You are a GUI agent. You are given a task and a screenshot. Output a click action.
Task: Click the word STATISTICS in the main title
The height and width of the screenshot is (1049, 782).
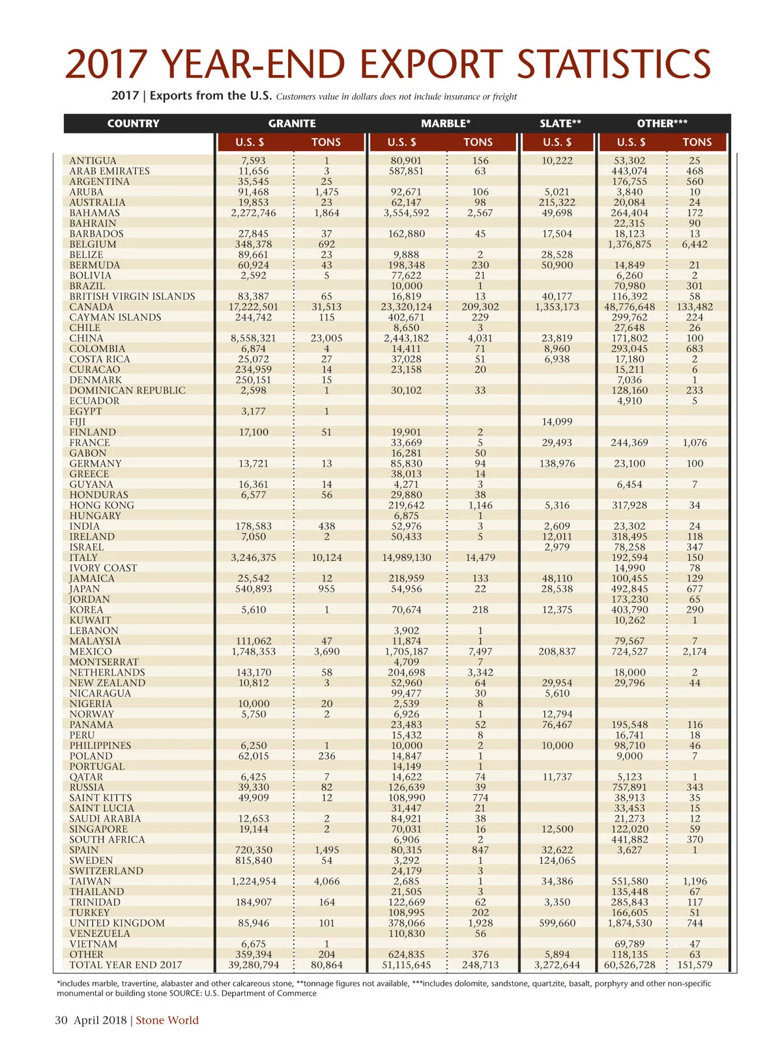point(613,64)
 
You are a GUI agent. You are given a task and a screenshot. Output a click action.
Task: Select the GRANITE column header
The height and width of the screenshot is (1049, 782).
point(292,123)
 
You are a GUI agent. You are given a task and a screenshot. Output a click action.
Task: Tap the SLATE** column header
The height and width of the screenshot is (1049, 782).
point(560,123)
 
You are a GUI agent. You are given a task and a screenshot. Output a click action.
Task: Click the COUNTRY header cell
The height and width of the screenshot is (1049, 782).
point(133,123)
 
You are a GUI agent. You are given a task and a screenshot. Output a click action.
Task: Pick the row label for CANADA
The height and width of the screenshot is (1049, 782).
point(91,307)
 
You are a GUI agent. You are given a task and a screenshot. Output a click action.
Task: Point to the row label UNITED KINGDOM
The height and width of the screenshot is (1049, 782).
point(117,923)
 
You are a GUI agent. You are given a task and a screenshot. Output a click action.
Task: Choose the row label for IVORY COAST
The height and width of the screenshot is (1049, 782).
point(104,568)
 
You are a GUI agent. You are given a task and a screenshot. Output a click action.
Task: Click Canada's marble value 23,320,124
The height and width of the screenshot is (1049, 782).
point(407,307)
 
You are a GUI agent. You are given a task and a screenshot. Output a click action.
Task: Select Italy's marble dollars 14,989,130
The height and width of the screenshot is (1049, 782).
point(407,558)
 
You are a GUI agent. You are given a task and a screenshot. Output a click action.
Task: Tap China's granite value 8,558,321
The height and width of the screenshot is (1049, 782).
point(253,338)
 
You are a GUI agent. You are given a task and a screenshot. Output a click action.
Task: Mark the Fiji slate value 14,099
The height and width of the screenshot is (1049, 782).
point(557,422)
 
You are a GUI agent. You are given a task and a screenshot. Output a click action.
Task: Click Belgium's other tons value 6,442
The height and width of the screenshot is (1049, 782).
point(695,244)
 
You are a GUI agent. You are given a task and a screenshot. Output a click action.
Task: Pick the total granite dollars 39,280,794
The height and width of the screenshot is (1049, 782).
point(253,965)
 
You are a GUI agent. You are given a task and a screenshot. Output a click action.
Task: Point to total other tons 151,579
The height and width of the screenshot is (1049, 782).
point(695,965)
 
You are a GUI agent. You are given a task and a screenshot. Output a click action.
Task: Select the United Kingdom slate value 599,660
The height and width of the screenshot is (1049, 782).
point(557,923)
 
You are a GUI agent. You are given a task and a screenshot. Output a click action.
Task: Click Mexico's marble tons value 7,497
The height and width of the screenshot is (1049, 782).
point(480,652)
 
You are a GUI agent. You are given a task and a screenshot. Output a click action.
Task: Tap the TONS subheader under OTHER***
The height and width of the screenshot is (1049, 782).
point(697,142)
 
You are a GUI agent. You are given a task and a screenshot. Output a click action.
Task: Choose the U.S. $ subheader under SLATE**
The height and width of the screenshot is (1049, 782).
point(557,142)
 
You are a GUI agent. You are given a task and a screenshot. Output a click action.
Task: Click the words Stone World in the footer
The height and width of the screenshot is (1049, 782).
point(167,1020)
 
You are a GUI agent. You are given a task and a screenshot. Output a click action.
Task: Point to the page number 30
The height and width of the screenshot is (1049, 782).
point(61,1020)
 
